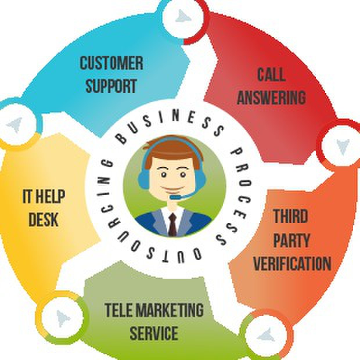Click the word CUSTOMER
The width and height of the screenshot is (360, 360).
[111, 63]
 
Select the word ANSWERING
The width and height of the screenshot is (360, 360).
[271, 97]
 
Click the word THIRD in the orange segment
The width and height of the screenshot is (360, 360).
[291, 217]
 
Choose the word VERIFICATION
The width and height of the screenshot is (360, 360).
[292, 263]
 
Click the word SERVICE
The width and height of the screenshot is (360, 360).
[153, 334]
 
